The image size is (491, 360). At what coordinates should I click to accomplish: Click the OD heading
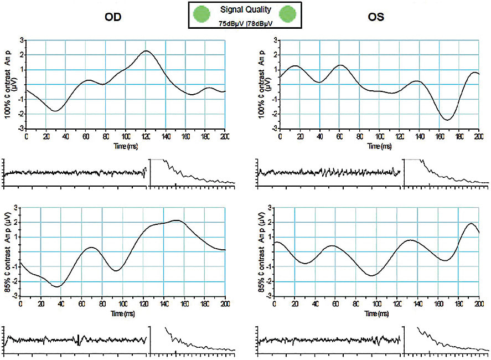[x=113, y=17]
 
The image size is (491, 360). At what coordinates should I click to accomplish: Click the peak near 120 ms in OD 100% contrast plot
[x=146, y=51]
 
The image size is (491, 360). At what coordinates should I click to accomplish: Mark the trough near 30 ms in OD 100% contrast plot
[x=55, y=111]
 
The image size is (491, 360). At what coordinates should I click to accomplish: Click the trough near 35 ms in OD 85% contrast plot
[x=57, y=286]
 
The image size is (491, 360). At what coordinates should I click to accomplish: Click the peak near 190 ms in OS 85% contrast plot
[x=471, y=224]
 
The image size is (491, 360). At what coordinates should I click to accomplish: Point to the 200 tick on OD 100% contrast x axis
[x=225, y=136]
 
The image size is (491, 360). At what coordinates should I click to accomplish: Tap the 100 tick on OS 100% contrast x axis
[x=379, y=136]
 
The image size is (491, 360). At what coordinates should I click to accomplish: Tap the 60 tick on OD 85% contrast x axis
[x=81, y=304]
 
